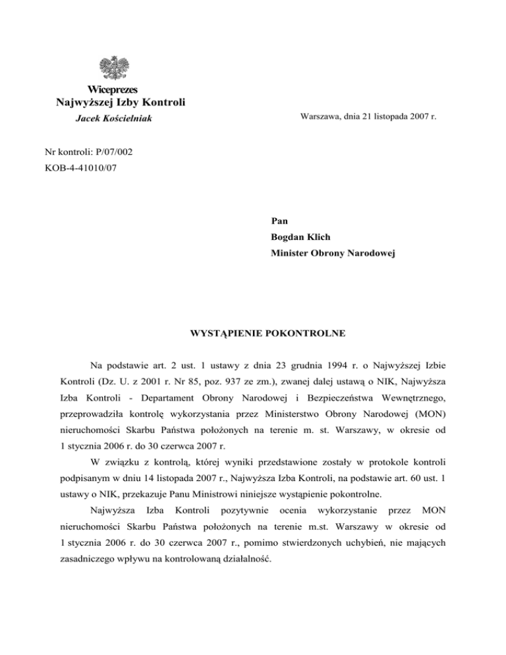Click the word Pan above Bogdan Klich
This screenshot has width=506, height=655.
[279, 218]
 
